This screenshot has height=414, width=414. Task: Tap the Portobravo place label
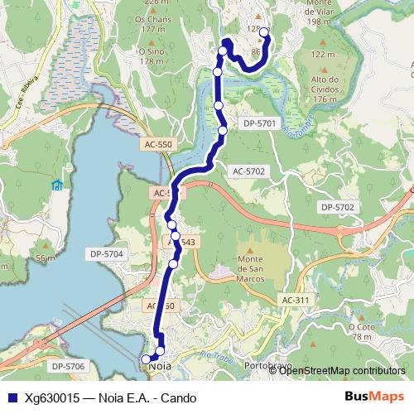click(x=267, y=365)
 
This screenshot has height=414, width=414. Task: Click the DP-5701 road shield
click(x=259, y=123)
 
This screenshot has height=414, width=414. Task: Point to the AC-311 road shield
click(x=295, y=300)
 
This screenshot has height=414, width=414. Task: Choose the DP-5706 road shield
click(x=68, y=366)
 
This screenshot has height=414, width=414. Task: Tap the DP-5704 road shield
click(x=107, y=254)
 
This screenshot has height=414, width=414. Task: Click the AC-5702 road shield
click(x=248, y=171)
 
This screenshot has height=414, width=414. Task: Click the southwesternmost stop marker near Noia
click(x=147, y=359)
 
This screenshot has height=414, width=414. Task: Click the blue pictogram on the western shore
click(x=57, y=185)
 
